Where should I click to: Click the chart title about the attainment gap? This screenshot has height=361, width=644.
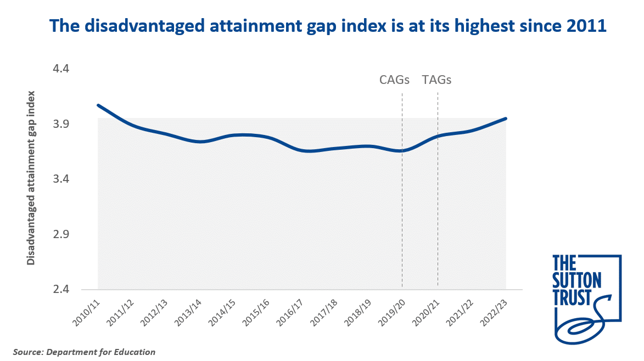tap(328, 26)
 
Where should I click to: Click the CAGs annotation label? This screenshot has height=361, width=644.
tap(395, 80)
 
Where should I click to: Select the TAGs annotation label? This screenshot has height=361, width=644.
tap(436, 80)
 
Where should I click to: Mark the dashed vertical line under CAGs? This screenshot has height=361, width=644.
tap(402, 219)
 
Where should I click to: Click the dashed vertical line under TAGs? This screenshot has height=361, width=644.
tap(438, 219)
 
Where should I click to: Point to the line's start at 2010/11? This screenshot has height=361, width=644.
tap(98, 105)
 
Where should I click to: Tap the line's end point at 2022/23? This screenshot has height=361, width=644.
tap(505, 119)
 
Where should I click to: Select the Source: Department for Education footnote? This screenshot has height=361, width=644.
tap(85, 352)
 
